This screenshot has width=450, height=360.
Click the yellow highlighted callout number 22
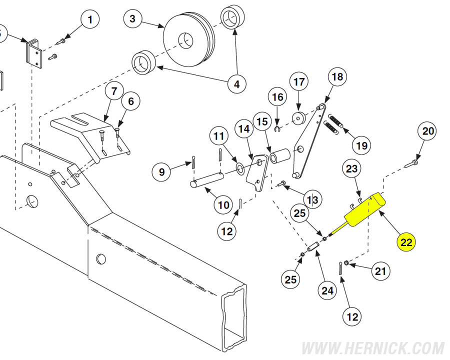coord(406,242)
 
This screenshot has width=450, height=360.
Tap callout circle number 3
coord(132,19)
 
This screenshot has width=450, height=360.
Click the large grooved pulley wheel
coord(188,39)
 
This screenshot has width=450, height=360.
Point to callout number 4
coord(237,84)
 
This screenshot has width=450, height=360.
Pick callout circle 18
coord(337,76)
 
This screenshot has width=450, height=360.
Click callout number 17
coord(299,82)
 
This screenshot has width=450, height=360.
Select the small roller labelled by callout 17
coord(299,118)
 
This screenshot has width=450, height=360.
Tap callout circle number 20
coord(427,131)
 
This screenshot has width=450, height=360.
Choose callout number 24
coord(327,291)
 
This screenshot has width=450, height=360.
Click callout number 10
coord(224,205)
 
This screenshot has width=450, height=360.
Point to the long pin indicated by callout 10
coord(207,179)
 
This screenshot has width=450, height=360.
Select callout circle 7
coord(114,91)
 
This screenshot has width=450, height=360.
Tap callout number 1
coord(90,19)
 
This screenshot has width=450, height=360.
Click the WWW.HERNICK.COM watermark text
coord(372,348)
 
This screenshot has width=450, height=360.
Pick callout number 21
coord(380,271)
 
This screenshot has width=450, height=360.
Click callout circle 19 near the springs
coord(361,145)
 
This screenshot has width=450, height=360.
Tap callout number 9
coord(161,171)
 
